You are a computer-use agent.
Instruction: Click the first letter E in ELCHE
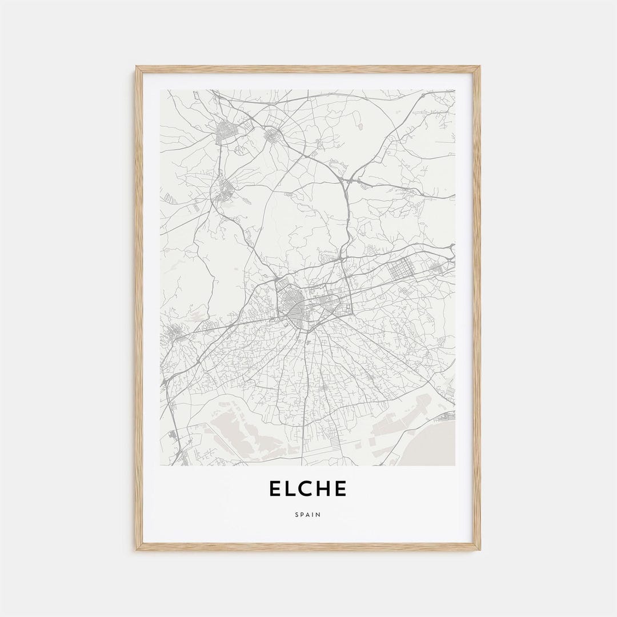tap(275, 489)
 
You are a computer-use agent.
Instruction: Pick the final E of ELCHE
tap(340, 489)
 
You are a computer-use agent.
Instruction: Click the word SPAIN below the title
tap(308, 515)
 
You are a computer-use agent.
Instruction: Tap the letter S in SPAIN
tap(297, 515)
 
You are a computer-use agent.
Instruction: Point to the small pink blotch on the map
tap(360, 123)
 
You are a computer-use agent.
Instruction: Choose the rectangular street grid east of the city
tap(401, 269)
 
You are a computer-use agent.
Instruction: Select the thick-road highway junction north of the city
tap(345, 182)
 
